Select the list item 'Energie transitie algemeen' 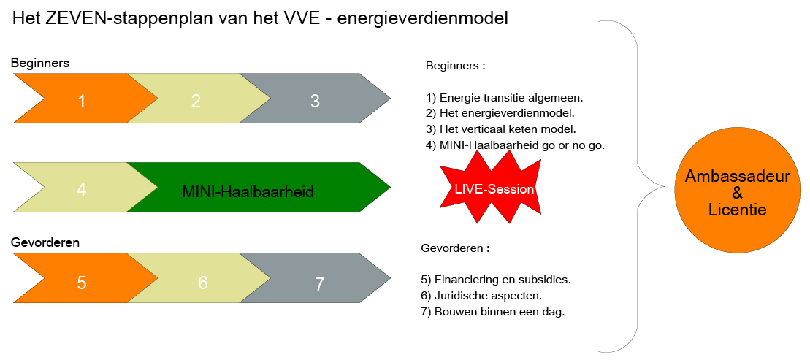coord(509,97)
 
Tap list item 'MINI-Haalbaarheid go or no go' coord(516,145)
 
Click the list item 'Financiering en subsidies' coord(496,280)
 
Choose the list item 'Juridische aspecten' coord(481,296)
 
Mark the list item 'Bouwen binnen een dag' coord(493,313)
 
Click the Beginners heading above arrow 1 coord(40,63)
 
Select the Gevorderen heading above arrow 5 coord(45,242)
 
